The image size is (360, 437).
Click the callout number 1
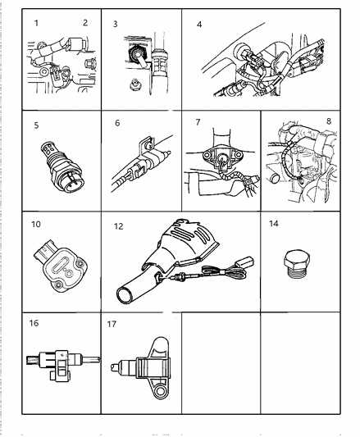coord(37,24)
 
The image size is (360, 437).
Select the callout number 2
coord(84,24)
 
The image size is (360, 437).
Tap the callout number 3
coord(116,24)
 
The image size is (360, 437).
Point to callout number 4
coord(199,25)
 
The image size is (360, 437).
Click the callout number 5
coord(37,126)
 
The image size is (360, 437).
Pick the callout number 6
coord(117,123)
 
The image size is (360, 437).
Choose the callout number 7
coord(197,123)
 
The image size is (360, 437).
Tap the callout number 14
coord(275,224)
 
